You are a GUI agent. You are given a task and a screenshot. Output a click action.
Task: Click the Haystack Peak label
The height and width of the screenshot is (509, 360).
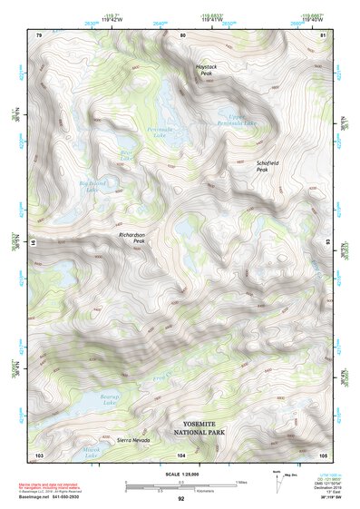207,70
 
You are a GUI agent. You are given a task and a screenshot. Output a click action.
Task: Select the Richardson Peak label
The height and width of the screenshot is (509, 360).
132,238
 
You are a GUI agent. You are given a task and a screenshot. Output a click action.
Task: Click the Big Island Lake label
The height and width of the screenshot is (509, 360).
92,187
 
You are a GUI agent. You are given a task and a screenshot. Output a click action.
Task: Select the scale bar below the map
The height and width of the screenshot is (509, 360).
180,486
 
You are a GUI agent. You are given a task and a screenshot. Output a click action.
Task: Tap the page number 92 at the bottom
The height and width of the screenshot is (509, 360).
180,499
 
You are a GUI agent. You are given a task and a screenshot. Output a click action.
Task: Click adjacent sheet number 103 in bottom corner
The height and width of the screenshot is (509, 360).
39,454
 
